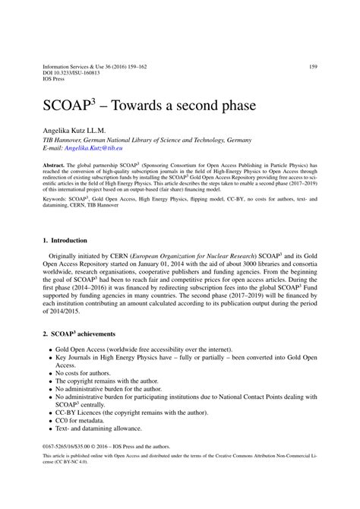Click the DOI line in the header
(x=72, y=74)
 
